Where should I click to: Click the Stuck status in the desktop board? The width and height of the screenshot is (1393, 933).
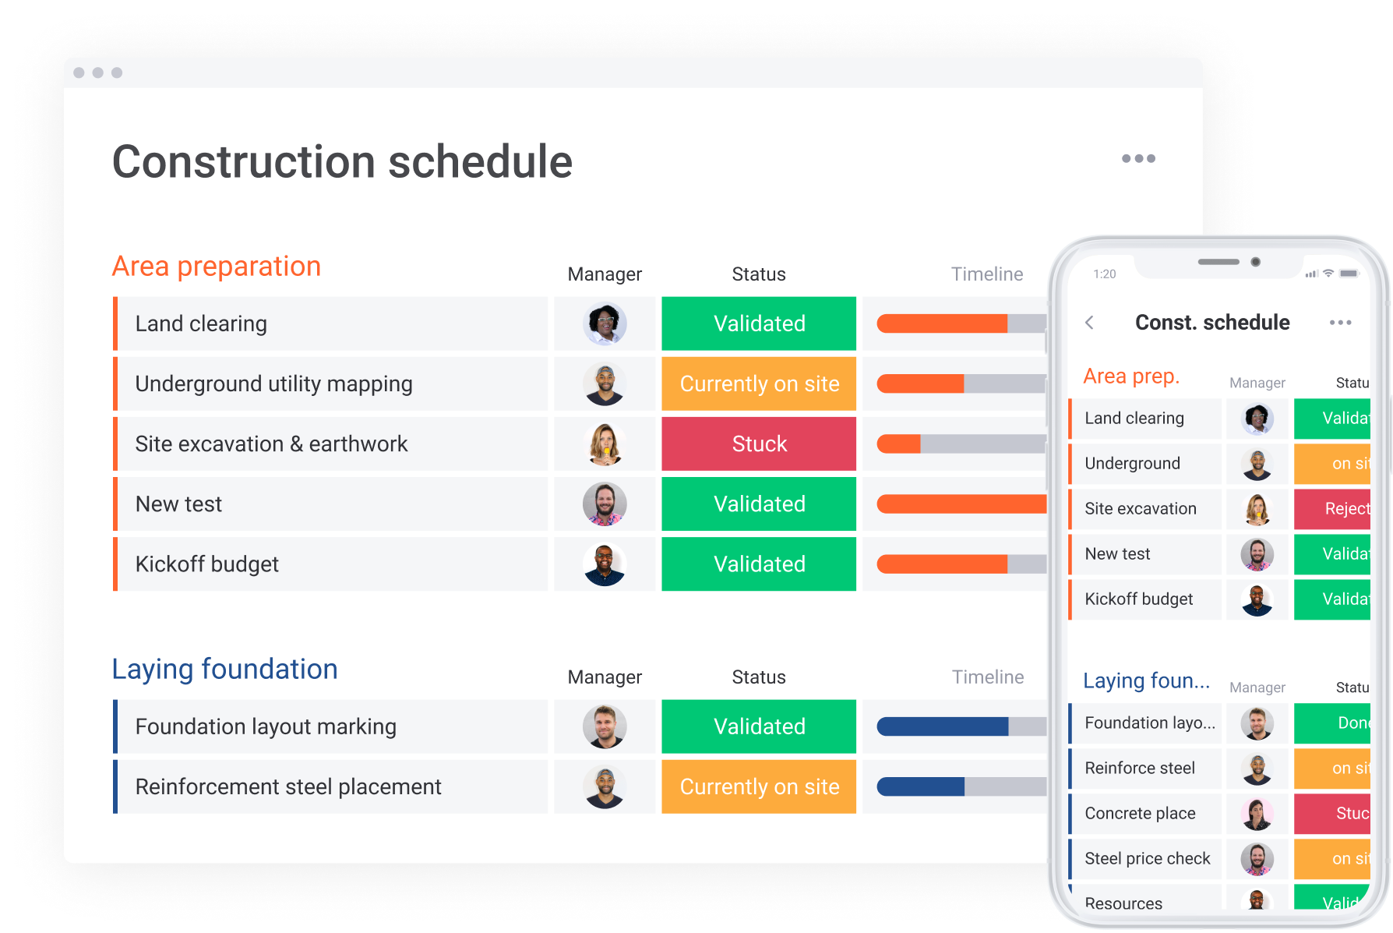click(759, 444)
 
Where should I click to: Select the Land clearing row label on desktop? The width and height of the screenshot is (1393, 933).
click(201, 323)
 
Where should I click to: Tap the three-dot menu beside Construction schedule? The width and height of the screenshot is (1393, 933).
click(1138, 158)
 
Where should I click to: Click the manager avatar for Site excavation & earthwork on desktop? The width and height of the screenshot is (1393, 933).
click(605, 444)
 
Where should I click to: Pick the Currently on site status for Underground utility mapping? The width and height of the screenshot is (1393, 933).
click(759, 383)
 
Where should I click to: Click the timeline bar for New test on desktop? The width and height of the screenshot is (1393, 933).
click(961, 504)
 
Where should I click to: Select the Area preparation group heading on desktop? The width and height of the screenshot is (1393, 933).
click(217, 267)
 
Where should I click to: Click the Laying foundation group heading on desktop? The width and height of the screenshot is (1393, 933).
click(224, 670)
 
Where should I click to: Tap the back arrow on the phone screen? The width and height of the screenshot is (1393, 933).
click(1090, 323)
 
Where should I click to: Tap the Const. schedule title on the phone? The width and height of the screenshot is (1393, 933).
click(1212, 323)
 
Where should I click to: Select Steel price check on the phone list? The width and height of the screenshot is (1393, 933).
click(1147, 858)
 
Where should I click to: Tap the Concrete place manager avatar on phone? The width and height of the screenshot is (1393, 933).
click(1257, 814)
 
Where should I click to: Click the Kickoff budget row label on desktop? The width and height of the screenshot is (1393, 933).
click(207, 564)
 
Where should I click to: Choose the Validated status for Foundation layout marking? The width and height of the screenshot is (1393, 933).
click(759, 726)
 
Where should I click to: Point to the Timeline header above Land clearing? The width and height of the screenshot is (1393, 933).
click(987, 274)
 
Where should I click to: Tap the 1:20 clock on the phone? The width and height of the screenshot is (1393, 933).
click(1105, 274)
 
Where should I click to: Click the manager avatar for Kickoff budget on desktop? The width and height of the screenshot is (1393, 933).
click(605, 564)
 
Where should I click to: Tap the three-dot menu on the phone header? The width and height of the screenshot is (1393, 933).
click(1340, 323)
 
